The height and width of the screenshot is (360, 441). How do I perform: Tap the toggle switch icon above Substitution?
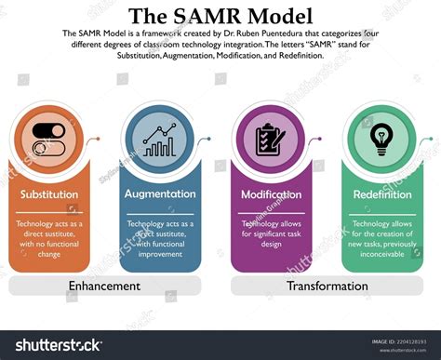click(53, 140)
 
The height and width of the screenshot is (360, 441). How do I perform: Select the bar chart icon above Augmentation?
click(159, 140)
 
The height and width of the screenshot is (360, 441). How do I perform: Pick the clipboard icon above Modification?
click(270, 140)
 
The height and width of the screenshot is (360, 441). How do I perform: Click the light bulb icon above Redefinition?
click(380, 140)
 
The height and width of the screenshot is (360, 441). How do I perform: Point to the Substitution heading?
click(49, 194)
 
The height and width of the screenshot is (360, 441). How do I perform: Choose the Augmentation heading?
click(160, 194)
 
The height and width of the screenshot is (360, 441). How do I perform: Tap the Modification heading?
click(271, 194)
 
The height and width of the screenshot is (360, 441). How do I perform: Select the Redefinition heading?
click(382, 194)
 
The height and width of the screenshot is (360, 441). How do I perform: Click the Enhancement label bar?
click(104, 286)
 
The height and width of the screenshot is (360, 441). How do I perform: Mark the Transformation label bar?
click(327, 286)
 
